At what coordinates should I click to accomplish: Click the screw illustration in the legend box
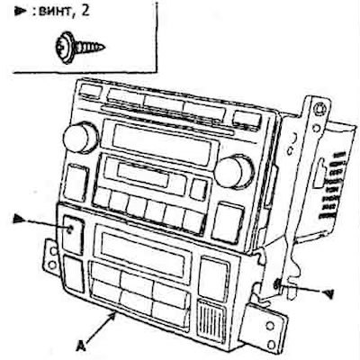80,48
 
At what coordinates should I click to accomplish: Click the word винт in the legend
54,13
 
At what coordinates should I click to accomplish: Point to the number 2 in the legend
85,12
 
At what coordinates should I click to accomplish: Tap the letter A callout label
80,346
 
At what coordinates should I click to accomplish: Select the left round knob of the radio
80,137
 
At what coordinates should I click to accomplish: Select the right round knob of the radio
234,171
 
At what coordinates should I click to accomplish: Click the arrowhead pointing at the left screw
19,220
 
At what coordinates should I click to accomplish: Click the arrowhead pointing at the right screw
328,293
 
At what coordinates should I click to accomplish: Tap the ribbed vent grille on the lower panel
211,320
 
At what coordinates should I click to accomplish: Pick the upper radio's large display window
162,145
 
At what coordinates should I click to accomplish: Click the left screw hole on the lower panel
70,230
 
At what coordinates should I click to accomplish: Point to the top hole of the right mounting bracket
318,109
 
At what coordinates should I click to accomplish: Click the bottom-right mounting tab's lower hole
272,344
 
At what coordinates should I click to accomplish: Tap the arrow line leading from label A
101,327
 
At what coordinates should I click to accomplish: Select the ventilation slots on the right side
330,184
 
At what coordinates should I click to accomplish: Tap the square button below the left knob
76,183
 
